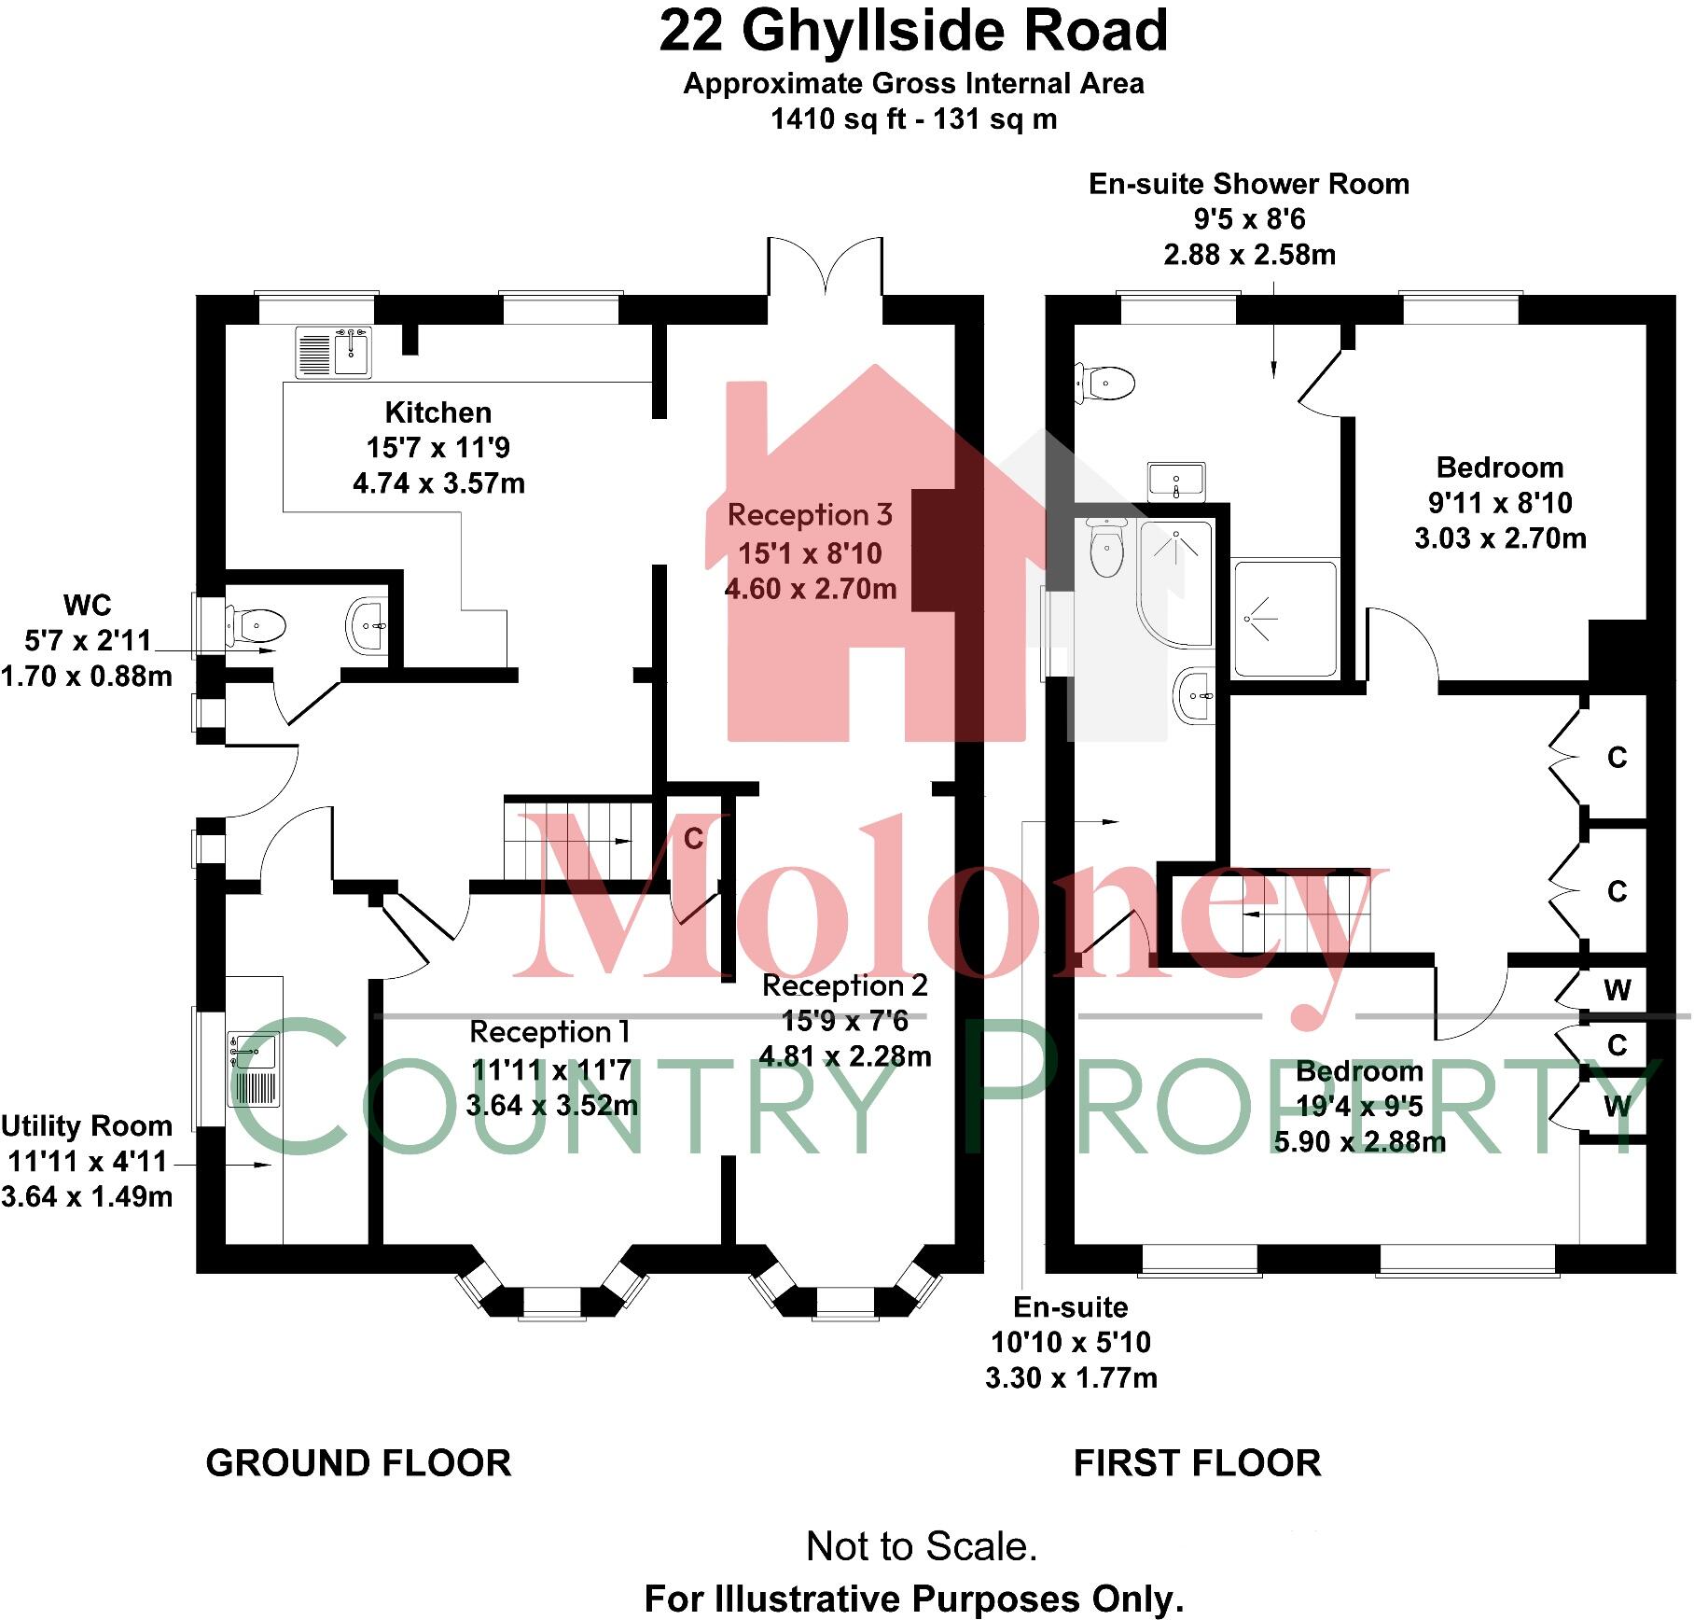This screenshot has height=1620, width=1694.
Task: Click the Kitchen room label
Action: (x=437, y=412)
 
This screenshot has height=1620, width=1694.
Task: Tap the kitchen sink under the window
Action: (x=333, y=353)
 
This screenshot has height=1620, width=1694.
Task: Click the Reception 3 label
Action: (x=810, y=515)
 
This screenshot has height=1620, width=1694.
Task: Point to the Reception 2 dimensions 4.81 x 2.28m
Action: (x=845, y=1056)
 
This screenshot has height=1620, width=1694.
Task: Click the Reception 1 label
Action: (x=550, y=1032)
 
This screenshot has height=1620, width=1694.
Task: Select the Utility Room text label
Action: (x=87, y=1126)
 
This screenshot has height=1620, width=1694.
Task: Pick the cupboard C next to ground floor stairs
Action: (x=693, y=839)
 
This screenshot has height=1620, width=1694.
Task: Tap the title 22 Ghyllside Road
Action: (x=913, y=31)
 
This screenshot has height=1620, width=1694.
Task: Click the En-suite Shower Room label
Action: (x=1249, y=184)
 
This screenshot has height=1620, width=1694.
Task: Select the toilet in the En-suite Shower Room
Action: (x=1106, y=383)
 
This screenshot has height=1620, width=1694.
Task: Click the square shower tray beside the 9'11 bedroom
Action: (x=1285, y=618)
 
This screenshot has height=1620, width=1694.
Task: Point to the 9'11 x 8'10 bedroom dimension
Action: (x=1500, y=503)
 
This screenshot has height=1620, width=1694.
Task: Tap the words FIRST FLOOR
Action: (x=1197, y=1463)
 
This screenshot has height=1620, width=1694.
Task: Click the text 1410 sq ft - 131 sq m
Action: (x=913, y=119)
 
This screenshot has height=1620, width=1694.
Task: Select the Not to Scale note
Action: (x=922, y=1546)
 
